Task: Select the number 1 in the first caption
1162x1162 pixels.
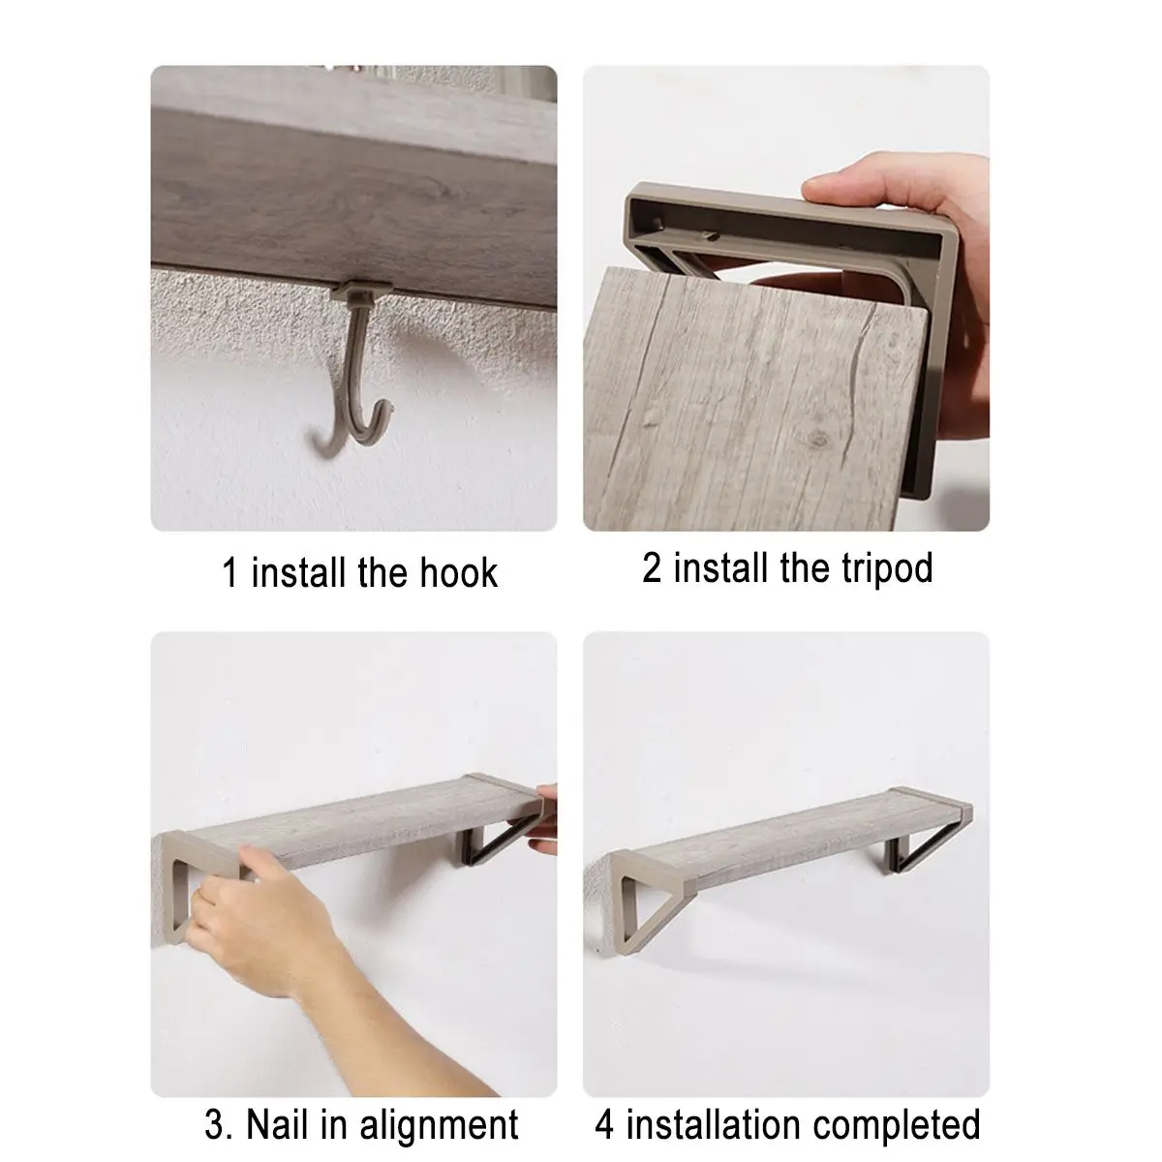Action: [x=229, y=572]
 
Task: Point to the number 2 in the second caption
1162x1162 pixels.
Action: [x=652, y=567]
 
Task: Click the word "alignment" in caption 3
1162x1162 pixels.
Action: [x=439, y=1110]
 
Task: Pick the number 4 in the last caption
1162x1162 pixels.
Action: [x=604, y=1107]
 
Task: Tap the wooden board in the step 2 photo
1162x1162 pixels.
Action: [x=753, y=398]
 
